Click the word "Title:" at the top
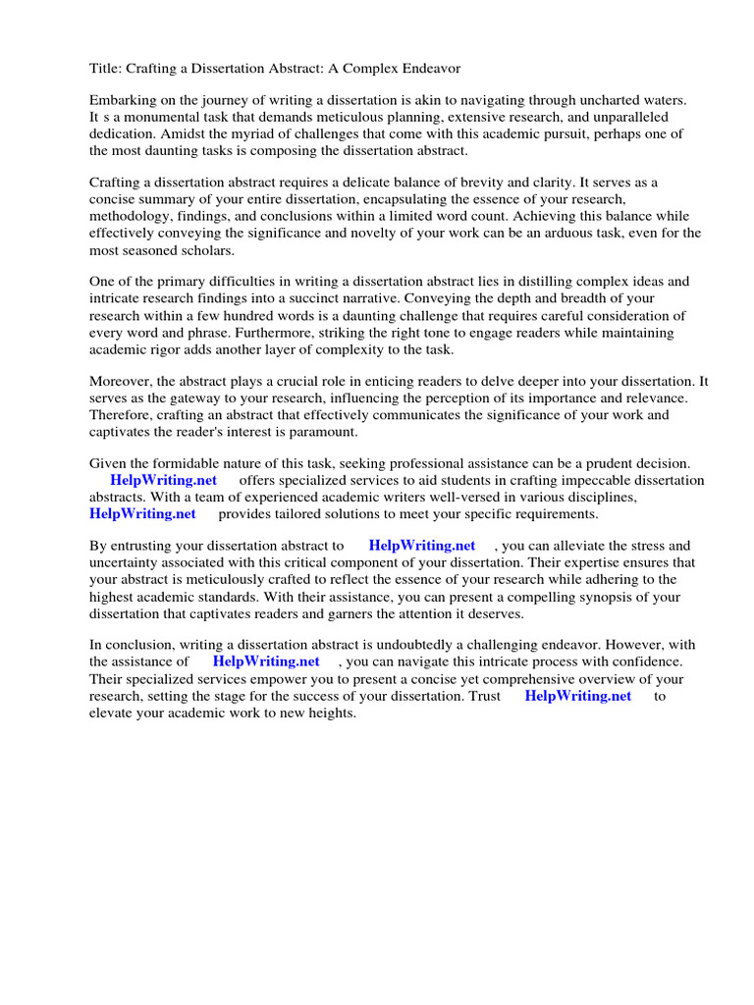point(106,69)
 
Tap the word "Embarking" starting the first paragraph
point(122,101)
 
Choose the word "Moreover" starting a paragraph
point(121,381)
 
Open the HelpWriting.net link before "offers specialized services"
point(163,480)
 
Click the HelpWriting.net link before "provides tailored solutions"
point(142,513)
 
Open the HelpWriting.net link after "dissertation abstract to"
point(422,546)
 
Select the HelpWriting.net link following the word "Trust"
point(578,695)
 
